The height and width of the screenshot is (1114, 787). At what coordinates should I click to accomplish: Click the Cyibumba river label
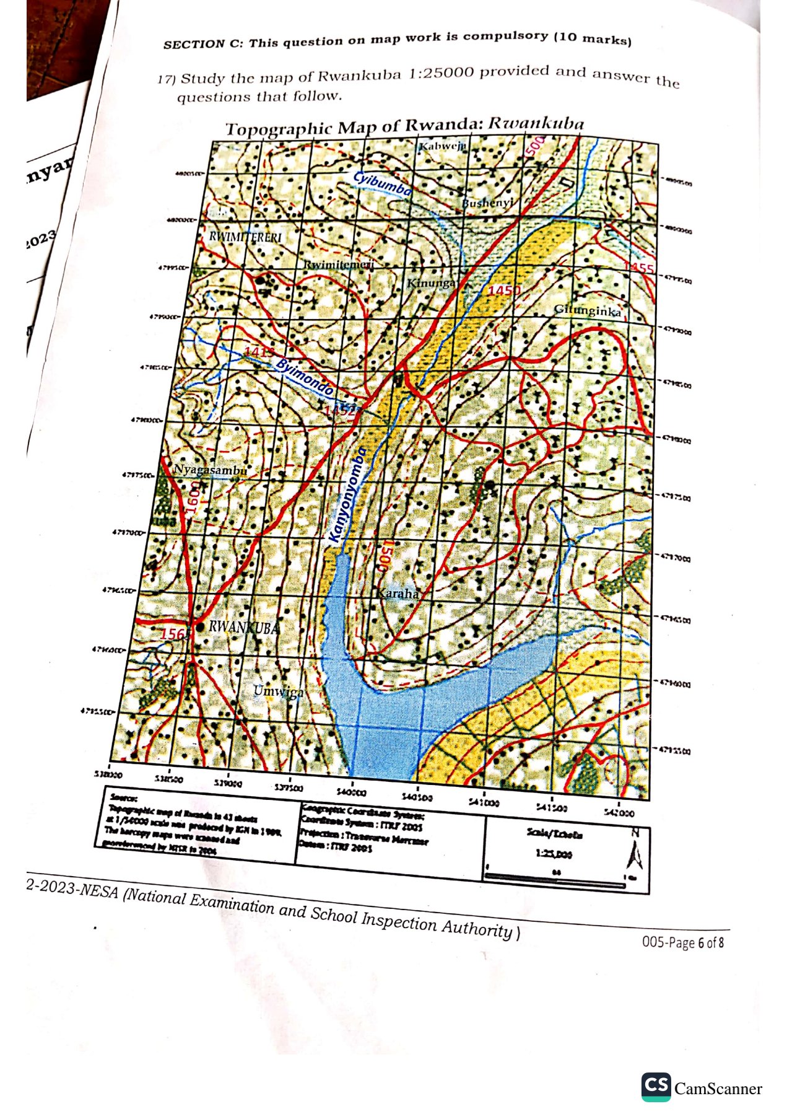tap(382, 184)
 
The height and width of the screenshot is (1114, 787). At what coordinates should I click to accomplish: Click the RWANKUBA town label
tap(243, 627)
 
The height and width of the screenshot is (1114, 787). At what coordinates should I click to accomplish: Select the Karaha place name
tap(398, 594)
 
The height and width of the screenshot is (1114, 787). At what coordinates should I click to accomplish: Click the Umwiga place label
tap(279, 691)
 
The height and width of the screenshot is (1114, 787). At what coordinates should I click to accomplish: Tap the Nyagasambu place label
tap(209, 470)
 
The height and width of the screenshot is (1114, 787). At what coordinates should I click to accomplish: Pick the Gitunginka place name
tap(587, 310)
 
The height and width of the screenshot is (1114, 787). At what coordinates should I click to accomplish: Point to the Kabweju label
tap(442, 146)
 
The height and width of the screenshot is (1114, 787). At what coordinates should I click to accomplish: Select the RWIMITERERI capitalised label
tap(245, 237)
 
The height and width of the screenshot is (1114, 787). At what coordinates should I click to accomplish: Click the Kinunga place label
tap(431, 283)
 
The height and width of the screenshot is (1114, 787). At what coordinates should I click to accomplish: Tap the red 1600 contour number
tap(194, 498)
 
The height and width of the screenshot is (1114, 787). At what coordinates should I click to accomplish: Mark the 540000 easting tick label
tap(351, 792)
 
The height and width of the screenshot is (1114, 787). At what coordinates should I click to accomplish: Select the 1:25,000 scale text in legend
tap(554, 853)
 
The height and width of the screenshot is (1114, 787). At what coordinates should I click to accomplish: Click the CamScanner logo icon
tap(656, 1087)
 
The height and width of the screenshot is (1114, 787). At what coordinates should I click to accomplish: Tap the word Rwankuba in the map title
tap(536, 123)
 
